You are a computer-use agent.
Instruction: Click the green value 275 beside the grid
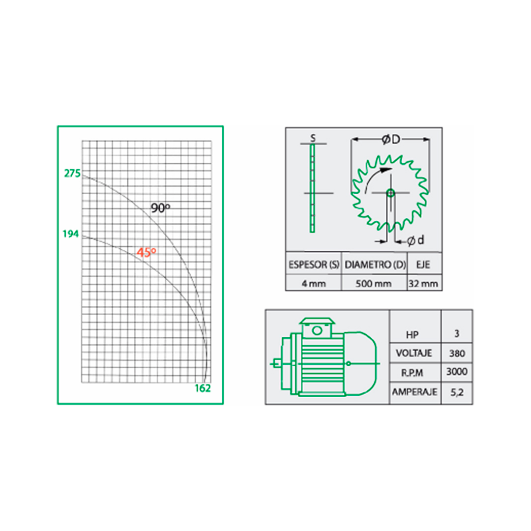(x=72, y=174)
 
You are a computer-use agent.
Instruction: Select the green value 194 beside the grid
(x=71, y=234)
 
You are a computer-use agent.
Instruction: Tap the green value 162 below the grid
(x=203, y=388)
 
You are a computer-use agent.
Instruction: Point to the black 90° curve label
(x=160, y=208)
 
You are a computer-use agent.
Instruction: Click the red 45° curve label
(x=147, y=252)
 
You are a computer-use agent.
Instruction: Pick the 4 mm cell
(x=314, y=284)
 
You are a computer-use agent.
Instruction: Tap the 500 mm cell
(x=373, y=284)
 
